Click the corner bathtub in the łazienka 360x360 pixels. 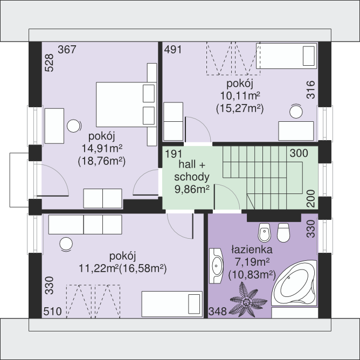[x=294, y=283]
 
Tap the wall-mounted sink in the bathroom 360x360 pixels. [x=216, y=266]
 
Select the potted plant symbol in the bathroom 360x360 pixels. [x=248, y=300]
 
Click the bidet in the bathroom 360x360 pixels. [x=264, y=232]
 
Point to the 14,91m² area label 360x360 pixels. [x=102, y=148]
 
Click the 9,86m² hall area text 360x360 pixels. [x=192, y=189]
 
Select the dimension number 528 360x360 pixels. [x=50, y=63]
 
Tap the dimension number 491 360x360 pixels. [x=173, y=50]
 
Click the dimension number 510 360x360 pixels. [x=53, y=311]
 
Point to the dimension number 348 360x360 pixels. [x=217, y=311]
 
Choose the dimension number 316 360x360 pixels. [x=311, y=89]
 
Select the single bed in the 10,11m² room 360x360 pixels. [x=287, y=56]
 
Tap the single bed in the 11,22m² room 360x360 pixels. [x=172, y=304]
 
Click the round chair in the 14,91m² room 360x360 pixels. [x=74, y=126]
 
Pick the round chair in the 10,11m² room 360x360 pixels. [x=296, y=112]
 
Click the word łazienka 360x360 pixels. [x=252, y=250]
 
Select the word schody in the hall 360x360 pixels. [x=192, y=177]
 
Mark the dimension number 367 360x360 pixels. [x=67, y=50]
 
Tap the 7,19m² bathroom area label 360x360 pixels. [x=252, y=262]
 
